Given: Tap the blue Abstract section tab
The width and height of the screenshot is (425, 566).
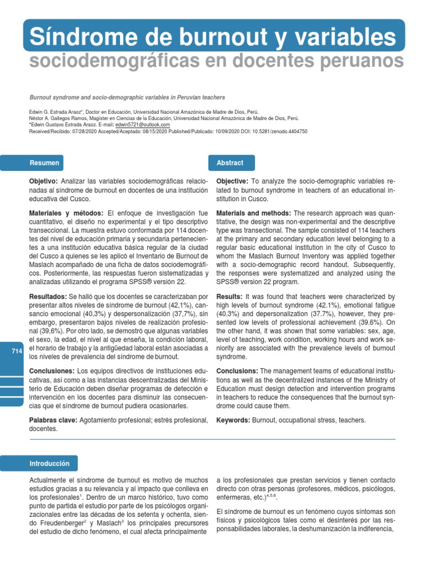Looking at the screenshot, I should pyautogui.click(x=229, y=163).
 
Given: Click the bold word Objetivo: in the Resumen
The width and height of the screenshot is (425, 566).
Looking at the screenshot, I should pyautogui.click(x=43, y=182).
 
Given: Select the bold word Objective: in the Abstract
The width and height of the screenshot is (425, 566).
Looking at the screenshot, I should pyautogui.click(x=232, y=182).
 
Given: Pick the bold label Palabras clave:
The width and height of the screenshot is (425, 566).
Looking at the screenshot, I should pyautogui.click(x=53, y=421).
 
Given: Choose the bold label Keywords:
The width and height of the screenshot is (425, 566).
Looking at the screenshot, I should pyautogui.click(x=233, y=421).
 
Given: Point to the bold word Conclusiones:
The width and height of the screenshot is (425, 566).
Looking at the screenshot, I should pyautogui.click(x=51, y=370).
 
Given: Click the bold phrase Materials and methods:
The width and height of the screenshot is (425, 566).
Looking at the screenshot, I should pyautogui.click(x=253, y=213).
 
